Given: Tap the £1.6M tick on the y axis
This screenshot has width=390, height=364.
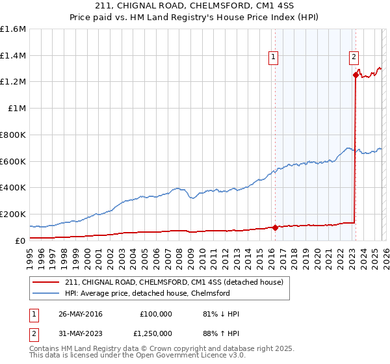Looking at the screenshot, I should click(x=13, y=29).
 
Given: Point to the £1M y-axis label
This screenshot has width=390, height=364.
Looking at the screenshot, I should click(x=16, y=109).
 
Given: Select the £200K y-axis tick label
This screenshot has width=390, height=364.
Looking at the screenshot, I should click(x=13, y=214).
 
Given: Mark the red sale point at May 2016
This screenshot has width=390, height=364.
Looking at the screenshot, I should click(x=275, y=227).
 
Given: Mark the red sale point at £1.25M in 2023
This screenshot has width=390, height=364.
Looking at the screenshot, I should click(x=356, y=75).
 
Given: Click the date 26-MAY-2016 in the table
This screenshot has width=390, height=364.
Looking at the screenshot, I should click(x=80, y=314).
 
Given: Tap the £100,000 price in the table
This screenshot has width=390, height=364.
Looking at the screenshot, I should click(x=155, y=314).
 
